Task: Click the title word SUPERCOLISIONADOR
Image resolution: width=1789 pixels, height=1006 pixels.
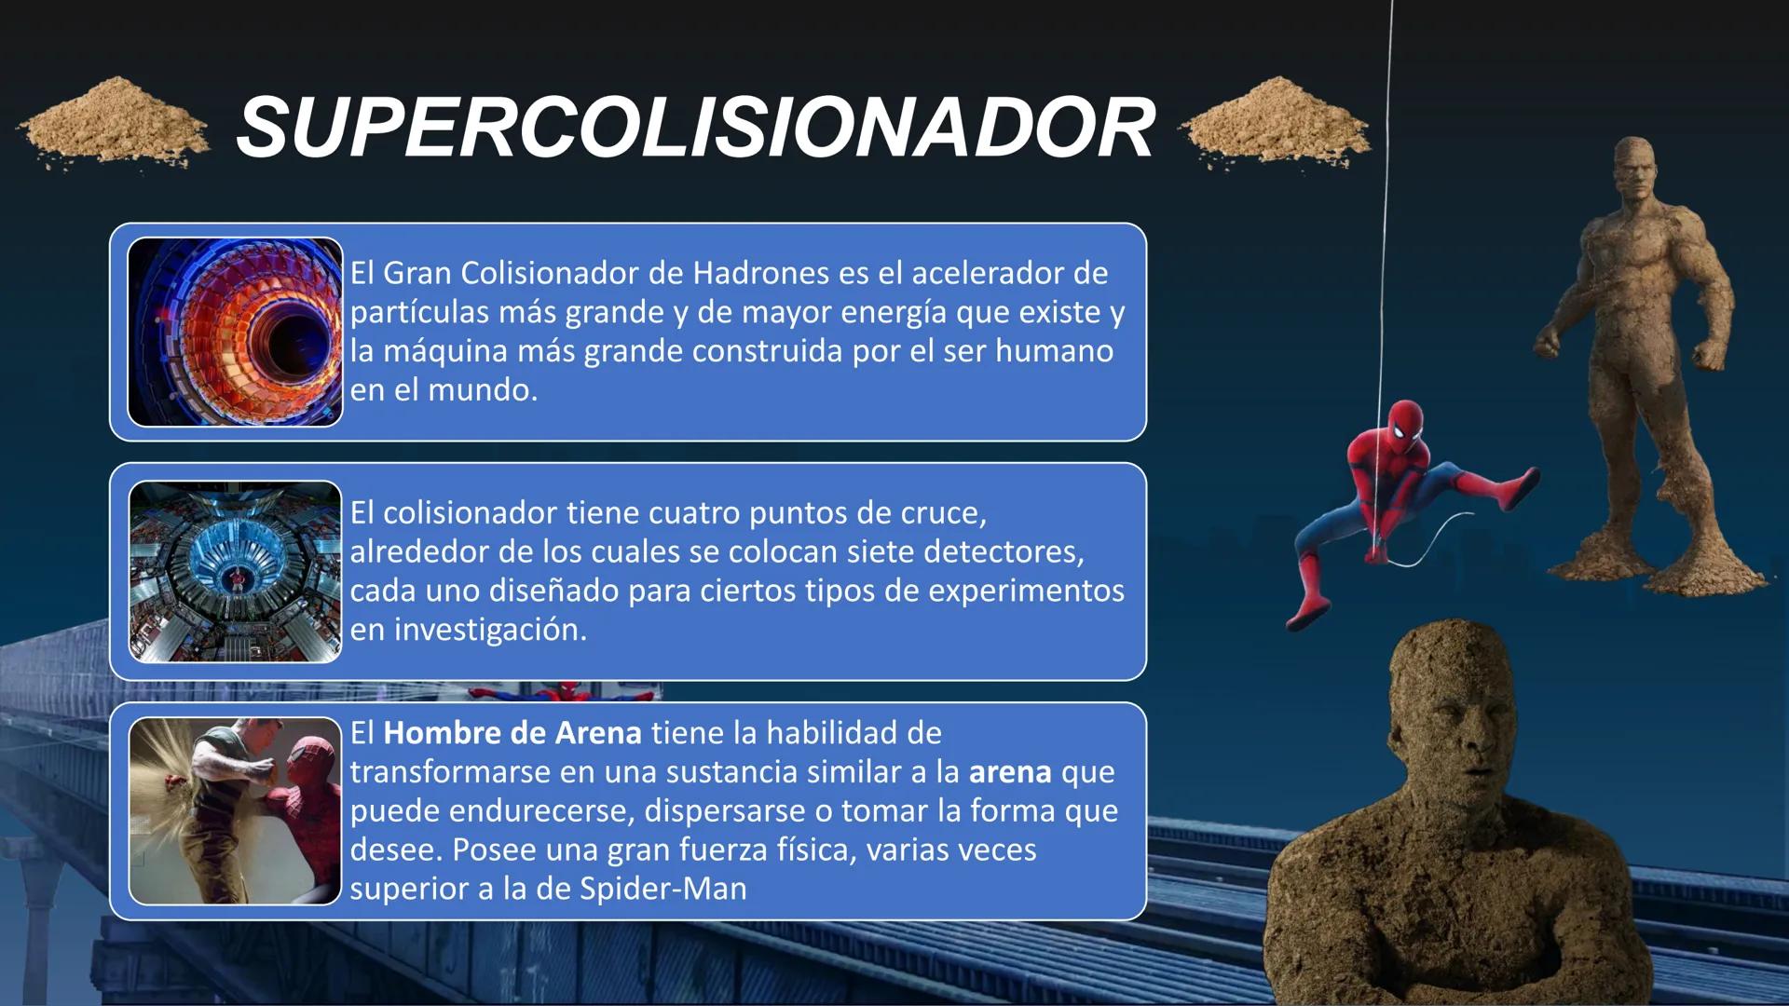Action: pyautogui.click(x=695, y=128)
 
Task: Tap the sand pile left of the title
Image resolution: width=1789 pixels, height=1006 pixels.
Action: pyautogui.click(x=114, y=123)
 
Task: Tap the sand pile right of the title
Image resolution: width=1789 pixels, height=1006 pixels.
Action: pyautogui.click(x=1277, y=124)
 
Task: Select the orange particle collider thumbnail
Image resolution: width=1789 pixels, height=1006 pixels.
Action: pyautogui.click(x=235, y=333)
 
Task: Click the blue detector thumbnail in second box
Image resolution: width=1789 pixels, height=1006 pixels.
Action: pyautogui.click(x=235, y=572)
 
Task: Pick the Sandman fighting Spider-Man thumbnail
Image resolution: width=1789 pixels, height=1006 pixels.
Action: pyautogui.click(x=235, y=811)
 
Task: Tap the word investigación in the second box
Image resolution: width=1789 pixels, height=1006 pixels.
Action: pyautogui.click(x=490, y=630)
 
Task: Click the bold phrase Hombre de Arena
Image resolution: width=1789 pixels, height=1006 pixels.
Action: pyautogui.click(x=512, y=733)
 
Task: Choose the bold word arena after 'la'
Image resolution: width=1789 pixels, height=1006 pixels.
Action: pyautogui.click(x=1010, y=772)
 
